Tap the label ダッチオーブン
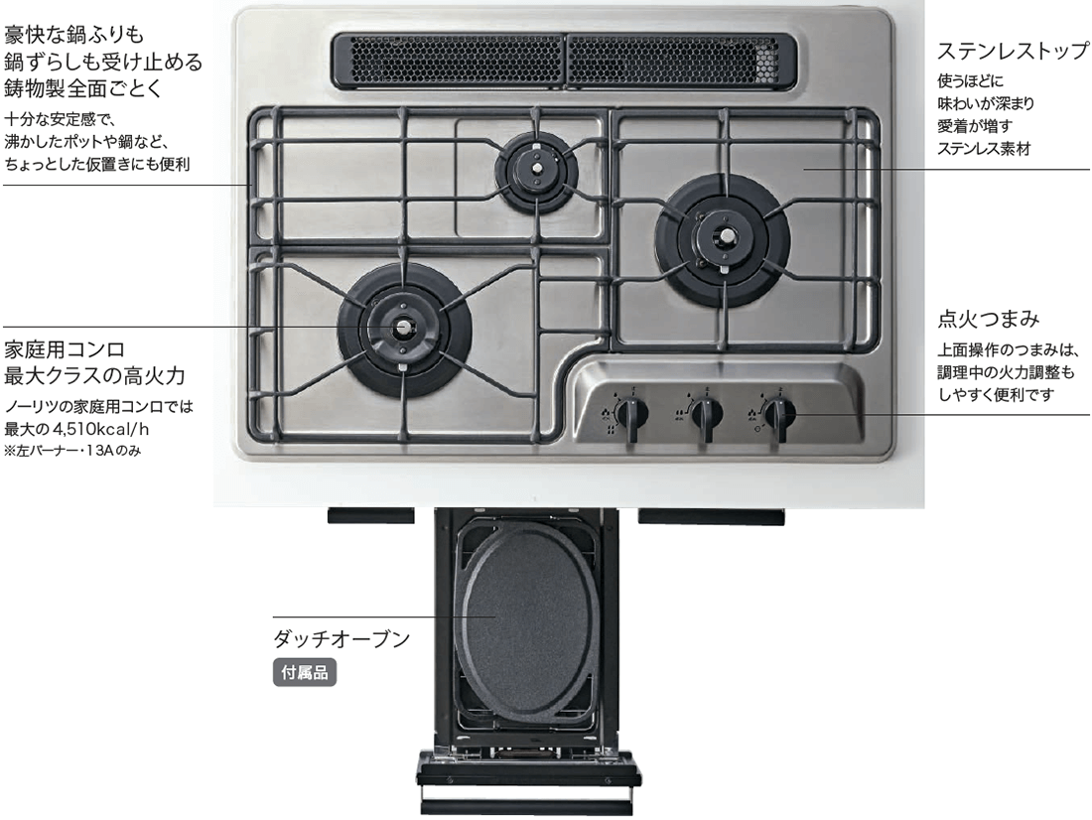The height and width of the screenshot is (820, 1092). point(341,638)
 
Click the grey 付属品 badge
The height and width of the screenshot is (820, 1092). point(305,672)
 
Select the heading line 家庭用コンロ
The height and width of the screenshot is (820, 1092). point(64,349)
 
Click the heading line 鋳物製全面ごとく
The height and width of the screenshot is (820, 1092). point(90,88)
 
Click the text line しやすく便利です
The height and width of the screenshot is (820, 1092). point(996,394)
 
